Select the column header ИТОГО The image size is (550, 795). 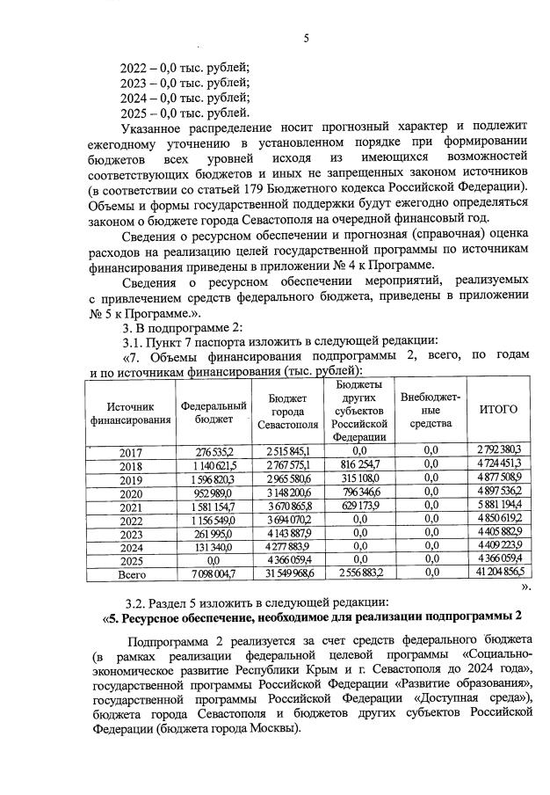498,410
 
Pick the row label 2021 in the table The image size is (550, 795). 130,507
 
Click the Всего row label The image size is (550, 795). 130,573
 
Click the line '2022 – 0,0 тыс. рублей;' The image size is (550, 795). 185,67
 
